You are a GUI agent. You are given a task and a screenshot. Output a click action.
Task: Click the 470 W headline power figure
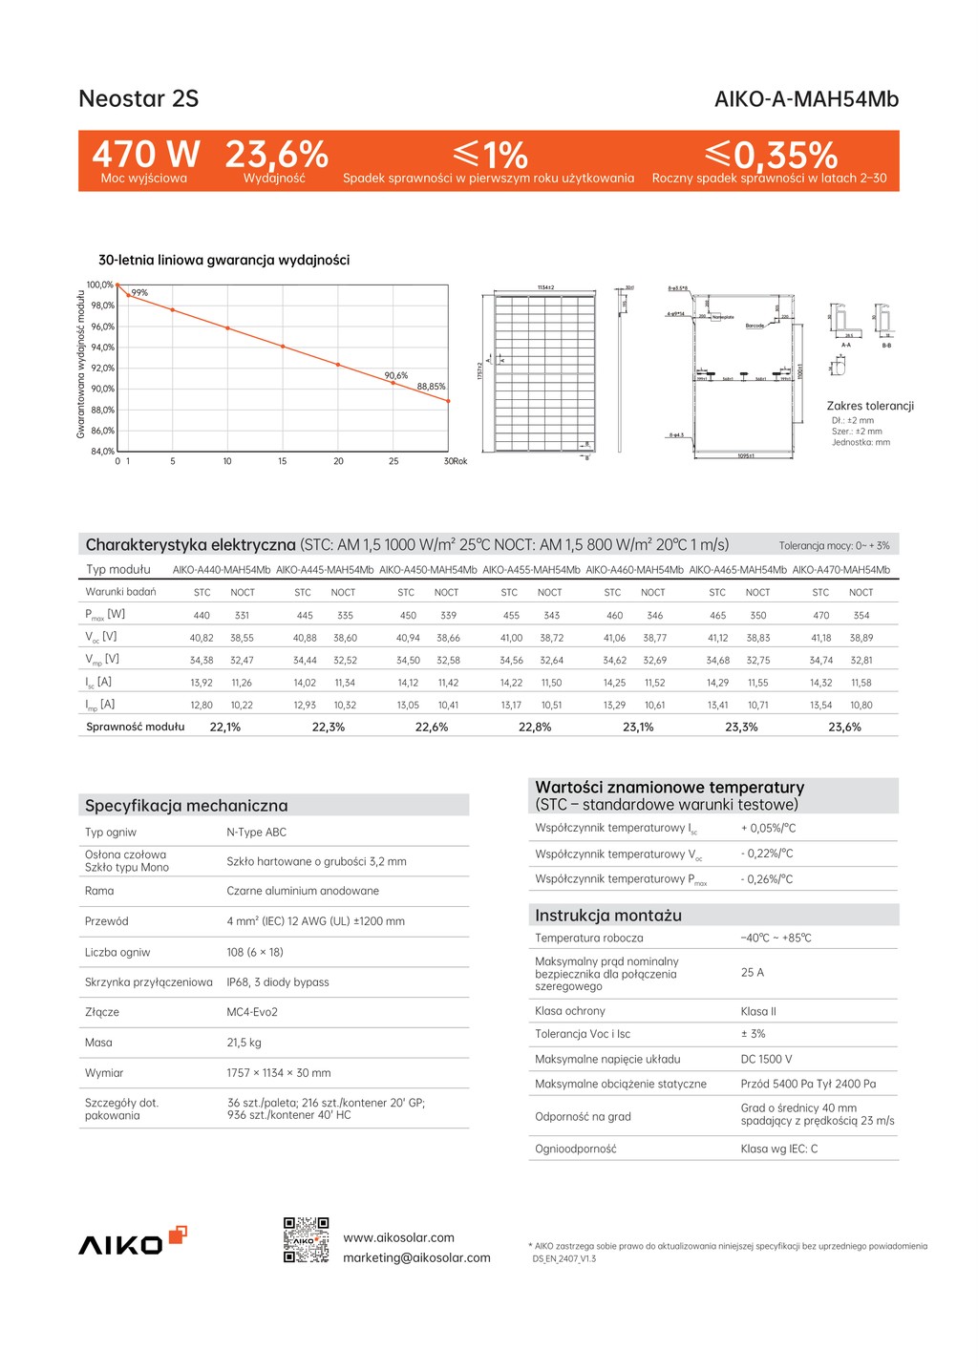pyautogui.click(x=145, y=154)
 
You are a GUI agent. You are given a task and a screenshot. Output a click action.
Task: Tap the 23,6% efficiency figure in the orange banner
pyautogui.click(x=276, y=154)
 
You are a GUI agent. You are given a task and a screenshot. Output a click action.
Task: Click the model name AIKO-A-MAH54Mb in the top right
pyautogui.click(x=806, y=99)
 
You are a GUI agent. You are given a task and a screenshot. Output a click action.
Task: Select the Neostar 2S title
pyautogui.click(x=138, y=98)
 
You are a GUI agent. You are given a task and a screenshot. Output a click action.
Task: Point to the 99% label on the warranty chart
pyautogui.click(x=140, y=293)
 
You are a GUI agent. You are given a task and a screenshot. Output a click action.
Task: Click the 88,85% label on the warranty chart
pyautogui.click(x=431, y=387)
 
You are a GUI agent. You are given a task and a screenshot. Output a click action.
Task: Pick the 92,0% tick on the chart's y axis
pyautogui.click(x=102, y=368)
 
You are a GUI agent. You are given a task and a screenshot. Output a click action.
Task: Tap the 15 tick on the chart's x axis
pyautogui.click(x=283, y=461)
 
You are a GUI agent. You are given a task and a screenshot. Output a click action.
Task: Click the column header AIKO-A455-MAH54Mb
pyautogui.click(x=531, y=570)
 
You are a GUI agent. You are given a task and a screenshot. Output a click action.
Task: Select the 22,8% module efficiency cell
pyautogui.click(x=535, y=728)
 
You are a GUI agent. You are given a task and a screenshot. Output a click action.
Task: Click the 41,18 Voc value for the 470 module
pyautogui.click(x=821, y=638)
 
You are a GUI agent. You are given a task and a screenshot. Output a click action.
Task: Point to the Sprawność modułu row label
pyautogui.click(x=135, y=728)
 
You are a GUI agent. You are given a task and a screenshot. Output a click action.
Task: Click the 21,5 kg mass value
pyautogui.click(x=244, y=1043)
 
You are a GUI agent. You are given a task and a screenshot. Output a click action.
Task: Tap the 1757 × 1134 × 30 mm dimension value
pyautogui.click(x=279, y=1073)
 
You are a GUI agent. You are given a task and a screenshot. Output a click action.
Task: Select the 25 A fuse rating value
pyautogui.click(x=753, y=973)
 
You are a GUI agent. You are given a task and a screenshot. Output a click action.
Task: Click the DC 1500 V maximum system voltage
pyautogui.click(x=766, y=1059)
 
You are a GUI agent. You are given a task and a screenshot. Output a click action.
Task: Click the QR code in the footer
pyautogui.click(x=307, y=1240)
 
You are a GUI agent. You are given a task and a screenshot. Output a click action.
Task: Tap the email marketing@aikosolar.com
pyautogui.click(x=416, y=1258)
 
